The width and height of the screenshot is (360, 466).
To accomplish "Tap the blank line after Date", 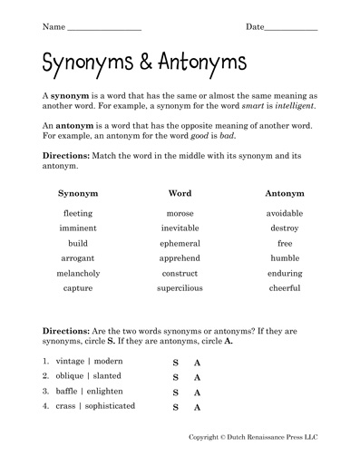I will coord(291,28).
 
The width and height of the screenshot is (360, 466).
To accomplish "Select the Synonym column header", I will coord(78,193).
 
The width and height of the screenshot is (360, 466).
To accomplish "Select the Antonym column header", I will coord(285,193).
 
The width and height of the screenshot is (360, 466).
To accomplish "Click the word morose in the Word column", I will coord(181,213).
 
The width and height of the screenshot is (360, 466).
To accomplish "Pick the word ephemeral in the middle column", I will coord(181,243).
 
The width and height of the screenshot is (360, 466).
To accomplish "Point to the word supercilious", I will coord(181,288).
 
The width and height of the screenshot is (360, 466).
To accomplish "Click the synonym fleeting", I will coord(78,213).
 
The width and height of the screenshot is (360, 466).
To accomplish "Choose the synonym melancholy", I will coord(78,273).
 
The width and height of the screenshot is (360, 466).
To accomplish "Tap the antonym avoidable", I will coord(285,213).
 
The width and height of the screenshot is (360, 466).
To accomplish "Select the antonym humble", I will coord(285,257).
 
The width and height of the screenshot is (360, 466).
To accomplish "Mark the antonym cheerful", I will coord(285,288).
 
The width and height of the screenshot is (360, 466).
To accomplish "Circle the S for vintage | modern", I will coord(175,363).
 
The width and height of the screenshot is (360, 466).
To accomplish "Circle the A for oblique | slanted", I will coord(197,378).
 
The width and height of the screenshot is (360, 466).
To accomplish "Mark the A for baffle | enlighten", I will coord(197,393).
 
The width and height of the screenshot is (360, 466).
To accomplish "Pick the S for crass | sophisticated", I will coord(175,408).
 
